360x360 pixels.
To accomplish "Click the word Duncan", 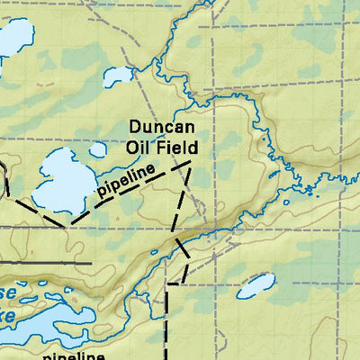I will (x=162, y=128).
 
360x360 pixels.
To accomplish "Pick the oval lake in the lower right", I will (x=256, y=285).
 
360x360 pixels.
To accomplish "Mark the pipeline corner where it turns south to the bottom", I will (x=169, y=283).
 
